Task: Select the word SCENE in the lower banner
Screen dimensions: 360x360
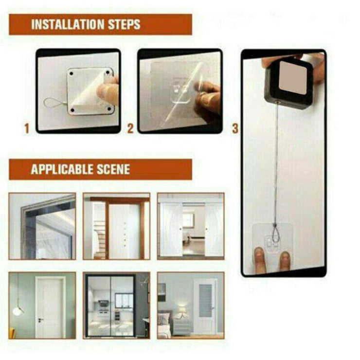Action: (112, 169)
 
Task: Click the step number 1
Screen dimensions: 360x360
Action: (27, 128)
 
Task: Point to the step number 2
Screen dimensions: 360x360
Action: (130, 128)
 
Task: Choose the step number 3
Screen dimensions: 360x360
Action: (235, 128)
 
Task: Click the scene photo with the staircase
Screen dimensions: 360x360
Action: (116, 226)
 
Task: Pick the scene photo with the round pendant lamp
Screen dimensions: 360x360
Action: (42, 305)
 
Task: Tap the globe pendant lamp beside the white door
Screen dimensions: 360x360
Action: (18, 310)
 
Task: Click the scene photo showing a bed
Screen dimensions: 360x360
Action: (191, 305)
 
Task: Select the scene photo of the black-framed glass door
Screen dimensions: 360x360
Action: (116, 305)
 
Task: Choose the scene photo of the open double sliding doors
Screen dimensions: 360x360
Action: (191, 226)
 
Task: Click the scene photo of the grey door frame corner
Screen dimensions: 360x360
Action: (42, 226)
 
